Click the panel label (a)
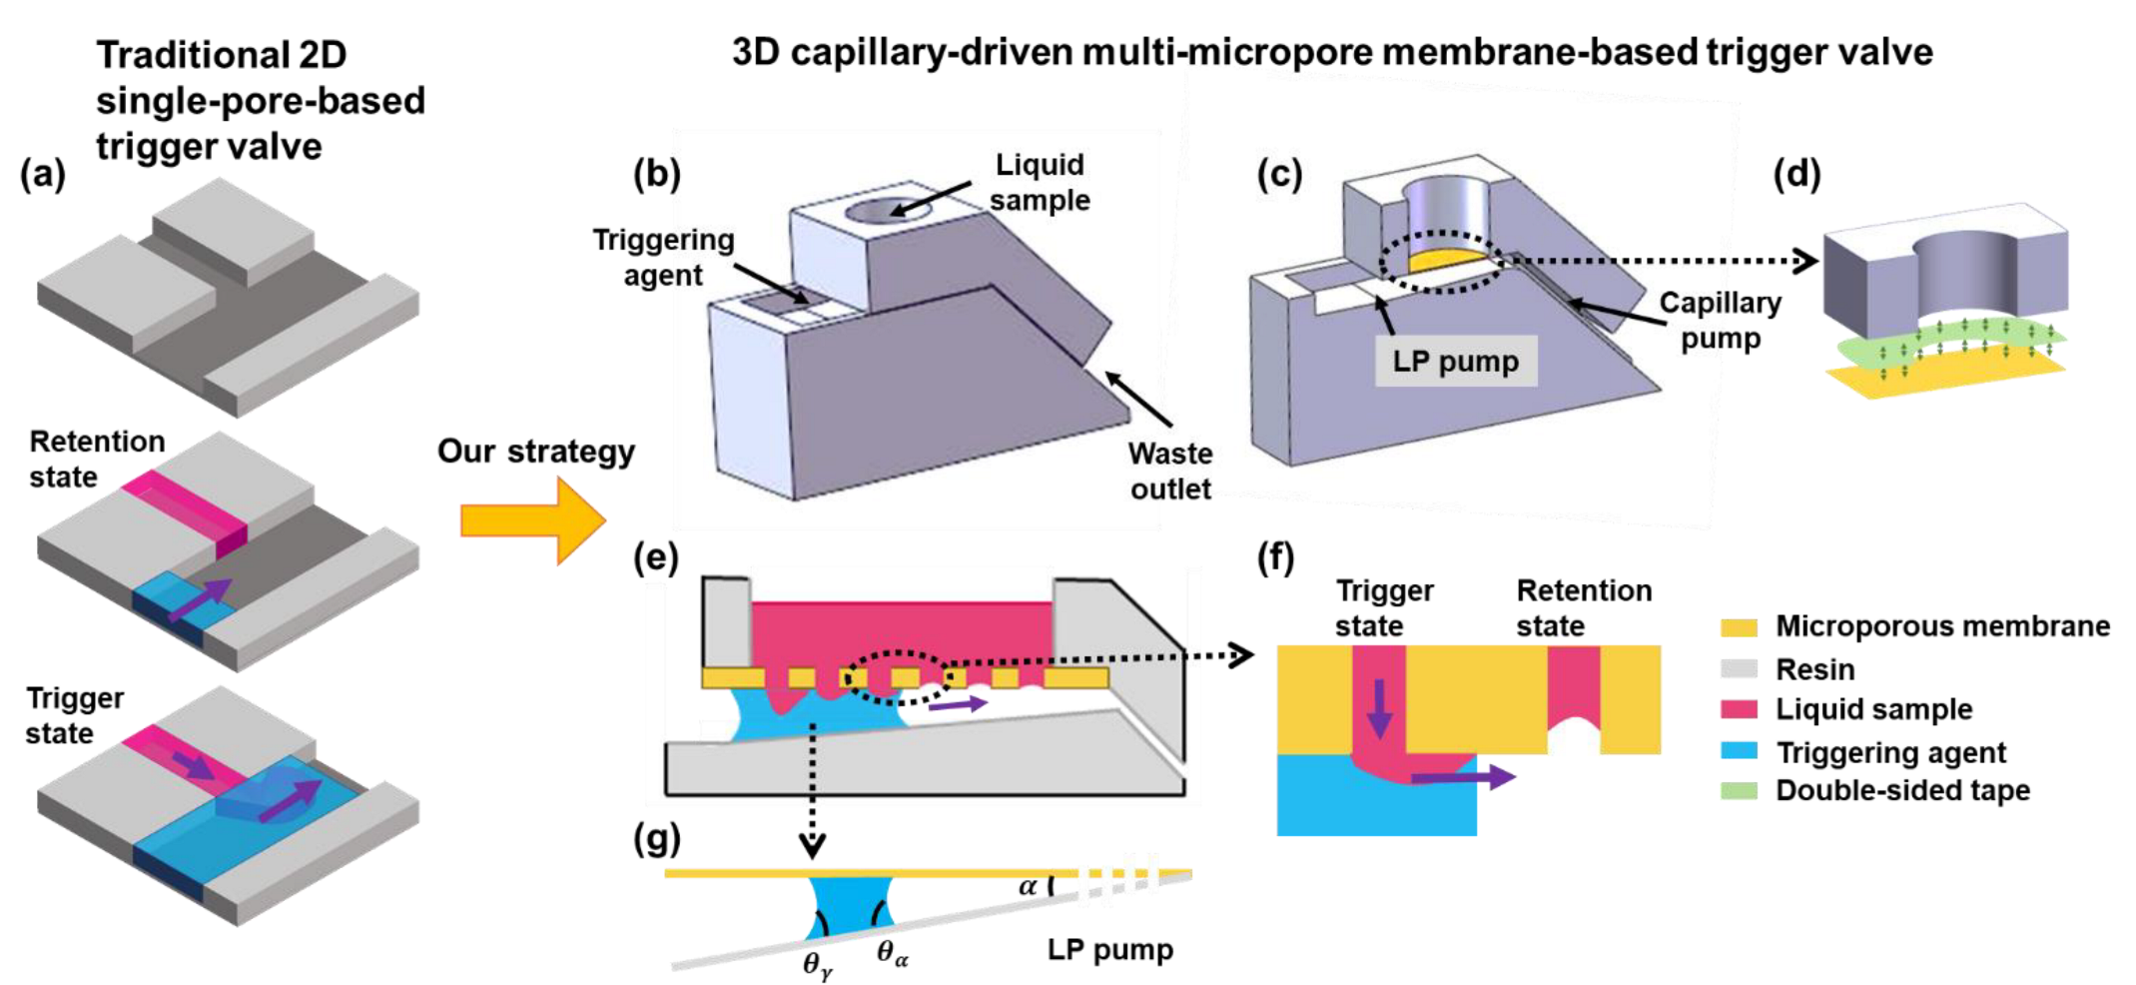click(x=42, y=174)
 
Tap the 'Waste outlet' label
click(x=1169, y=472)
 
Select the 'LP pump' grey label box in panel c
click(x=1455, y=361)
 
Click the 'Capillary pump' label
click(x=1720, y=321)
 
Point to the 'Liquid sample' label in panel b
click(x=1040, y=183)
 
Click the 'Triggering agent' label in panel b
click(x=663, y=257)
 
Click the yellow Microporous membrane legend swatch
click(x=1739, y=627)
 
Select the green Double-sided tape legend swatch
click(x=1739, y=790)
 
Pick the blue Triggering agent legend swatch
click(x=1739, y=750)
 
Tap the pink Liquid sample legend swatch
click(x=1739, y=709)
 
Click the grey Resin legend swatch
click(x=1739, y=668)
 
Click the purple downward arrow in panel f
click(x=1379, y=707)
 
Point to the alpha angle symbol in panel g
click(x=1027, y=886)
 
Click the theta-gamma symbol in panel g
click(x=817, y=964)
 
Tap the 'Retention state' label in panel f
click(x=1583, y=607)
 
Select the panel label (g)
click(x=656, y=838)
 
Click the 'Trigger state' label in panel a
click(x=75, y=715)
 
